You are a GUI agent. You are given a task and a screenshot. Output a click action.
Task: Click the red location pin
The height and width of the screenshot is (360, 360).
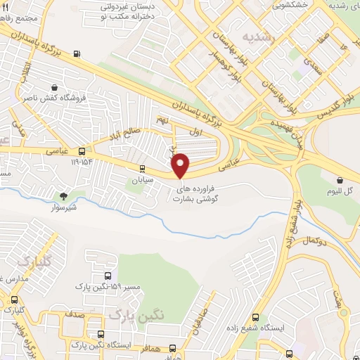point(181,165)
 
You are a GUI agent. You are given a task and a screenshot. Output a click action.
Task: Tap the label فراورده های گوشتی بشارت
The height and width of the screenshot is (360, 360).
point(198,194)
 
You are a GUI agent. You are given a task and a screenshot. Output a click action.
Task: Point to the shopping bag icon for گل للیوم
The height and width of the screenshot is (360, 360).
point(339,180)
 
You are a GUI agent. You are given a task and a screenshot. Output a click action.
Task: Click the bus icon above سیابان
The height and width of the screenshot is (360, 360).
point(142,169)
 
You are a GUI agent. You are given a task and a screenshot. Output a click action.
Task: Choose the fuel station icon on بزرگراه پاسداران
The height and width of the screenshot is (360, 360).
point(76,53)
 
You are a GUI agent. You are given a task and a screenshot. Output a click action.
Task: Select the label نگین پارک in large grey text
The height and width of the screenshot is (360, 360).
point(141,317)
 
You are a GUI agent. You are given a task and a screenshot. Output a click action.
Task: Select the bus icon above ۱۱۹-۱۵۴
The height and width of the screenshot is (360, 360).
point(82,152)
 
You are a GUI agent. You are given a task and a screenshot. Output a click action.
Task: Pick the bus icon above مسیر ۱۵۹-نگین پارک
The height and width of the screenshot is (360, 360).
point(107,276)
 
